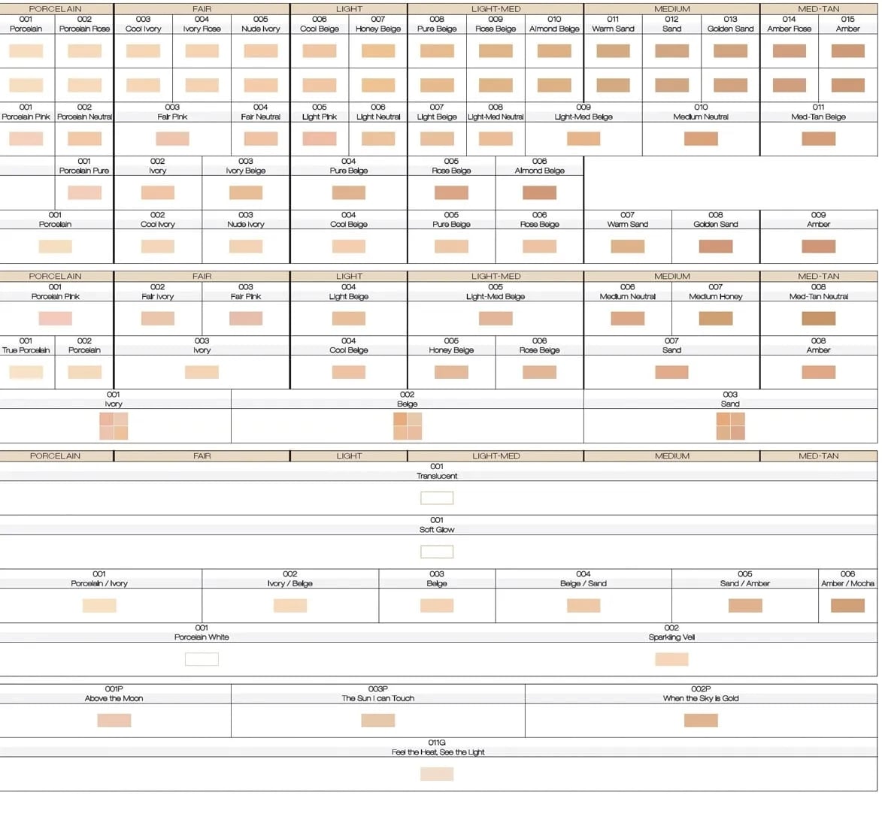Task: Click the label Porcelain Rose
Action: coord(84,29)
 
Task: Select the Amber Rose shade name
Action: coord(789,29)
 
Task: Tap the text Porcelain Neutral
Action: coord(84,116)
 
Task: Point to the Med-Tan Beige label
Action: coord(818,116)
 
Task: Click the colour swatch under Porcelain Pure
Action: coord(84,192)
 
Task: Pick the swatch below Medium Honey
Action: coord(715,319)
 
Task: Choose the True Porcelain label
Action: coord(26,350)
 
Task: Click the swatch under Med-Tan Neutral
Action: coord(818,319)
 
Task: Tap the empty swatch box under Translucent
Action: coord(437,498)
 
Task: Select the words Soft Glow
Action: coord(437,530)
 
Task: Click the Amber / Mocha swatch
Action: coord(847,605)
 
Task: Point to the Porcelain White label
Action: coord(202,637)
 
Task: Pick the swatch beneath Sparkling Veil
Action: coord(671,659)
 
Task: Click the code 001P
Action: coord(114,688)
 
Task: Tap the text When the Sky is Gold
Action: coord(701,698)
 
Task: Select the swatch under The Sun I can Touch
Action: coord(377,720)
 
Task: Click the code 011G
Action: coord(437,743)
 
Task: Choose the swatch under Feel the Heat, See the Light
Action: coord(437,774)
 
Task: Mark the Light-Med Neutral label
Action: coord(496,116)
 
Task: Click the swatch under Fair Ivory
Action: coord(157,319)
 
